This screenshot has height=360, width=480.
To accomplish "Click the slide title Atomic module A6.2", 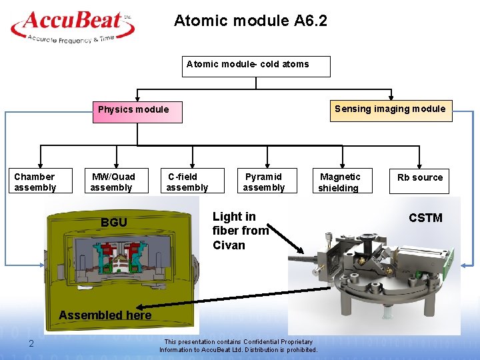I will pos(251,21).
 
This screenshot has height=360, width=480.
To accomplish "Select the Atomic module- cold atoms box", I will pos(255,65).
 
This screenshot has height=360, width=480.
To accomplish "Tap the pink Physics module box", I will pos(137,110).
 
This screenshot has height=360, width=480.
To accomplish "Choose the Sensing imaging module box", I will pos(390,109).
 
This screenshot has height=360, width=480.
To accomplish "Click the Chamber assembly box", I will pos(35,182).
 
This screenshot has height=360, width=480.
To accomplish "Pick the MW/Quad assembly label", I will pos(113,182).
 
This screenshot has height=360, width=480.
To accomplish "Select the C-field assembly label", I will pos(187,182).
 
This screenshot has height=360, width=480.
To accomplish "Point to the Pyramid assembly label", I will pos(263,182).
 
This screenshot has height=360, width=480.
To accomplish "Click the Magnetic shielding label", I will pos(339,182).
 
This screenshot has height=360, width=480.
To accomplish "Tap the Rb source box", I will pos(419,178).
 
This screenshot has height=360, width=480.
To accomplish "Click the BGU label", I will pos(113,223).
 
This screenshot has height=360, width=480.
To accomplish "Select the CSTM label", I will pos(425,218).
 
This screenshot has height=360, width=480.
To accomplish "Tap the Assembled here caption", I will pos(105,315).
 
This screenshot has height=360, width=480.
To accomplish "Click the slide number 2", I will pos(31,343).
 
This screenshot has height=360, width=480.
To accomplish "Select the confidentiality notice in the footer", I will pos(238,345).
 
